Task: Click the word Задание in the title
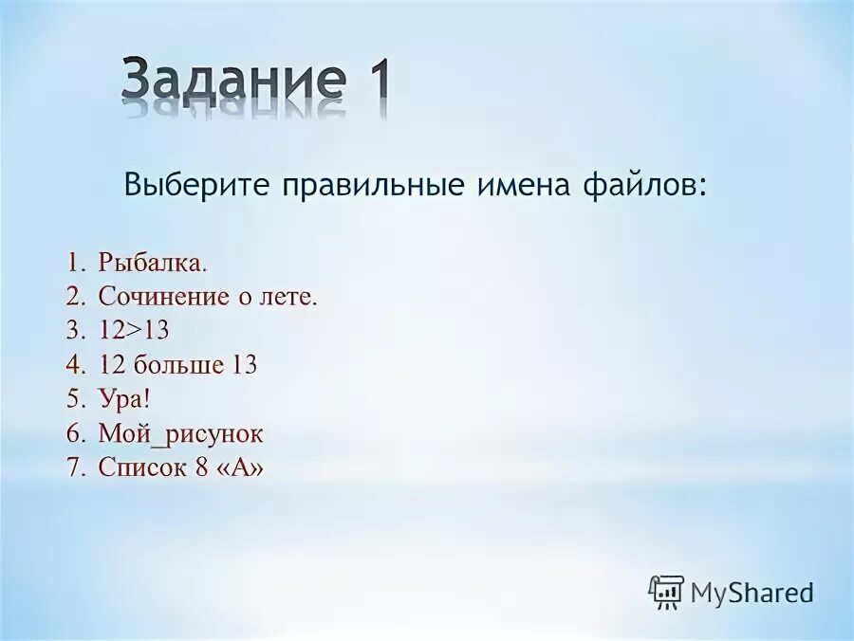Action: [232, 81]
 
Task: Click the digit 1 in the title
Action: [372, 81]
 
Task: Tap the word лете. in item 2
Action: [288, 297]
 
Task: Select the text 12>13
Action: [133, 331]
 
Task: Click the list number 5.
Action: [73, 399]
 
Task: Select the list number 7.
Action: [73, 467]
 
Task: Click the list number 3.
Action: [73, 331]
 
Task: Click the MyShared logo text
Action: [752, 594]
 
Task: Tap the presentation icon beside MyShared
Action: [666, 592]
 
